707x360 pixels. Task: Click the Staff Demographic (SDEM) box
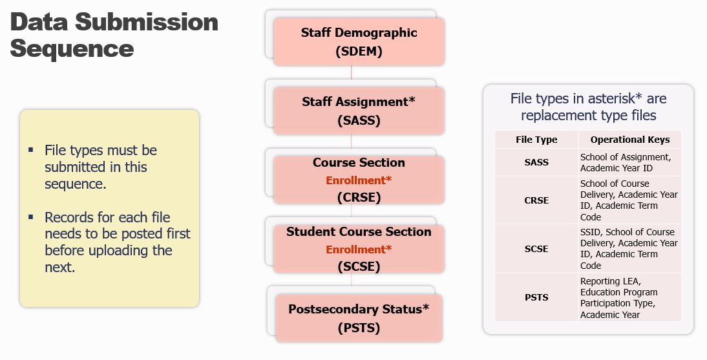pos(359,41)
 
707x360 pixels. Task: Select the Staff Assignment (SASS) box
pos(359,111)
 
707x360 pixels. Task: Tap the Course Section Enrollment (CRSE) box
pos(359,180)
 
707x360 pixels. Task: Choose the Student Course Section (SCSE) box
pos(359,249)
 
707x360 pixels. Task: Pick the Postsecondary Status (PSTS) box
pos(359,318)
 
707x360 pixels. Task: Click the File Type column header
pos(536,140)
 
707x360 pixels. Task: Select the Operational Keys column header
pos(630,140)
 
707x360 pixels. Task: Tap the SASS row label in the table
pos(536,162)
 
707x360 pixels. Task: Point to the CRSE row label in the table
pos(536,200)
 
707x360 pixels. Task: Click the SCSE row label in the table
pos(536,249)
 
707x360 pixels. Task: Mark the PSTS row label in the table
pos(536,297)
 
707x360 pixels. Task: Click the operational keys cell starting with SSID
pos(629,249)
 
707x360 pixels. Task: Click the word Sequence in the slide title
pos(72,48)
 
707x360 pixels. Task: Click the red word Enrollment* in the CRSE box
pos(359,180)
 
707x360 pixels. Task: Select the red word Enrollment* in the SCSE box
pos(359,249)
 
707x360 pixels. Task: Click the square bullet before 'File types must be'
pos(30,150)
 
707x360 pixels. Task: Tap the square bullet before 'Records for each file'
pos(30,217)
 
